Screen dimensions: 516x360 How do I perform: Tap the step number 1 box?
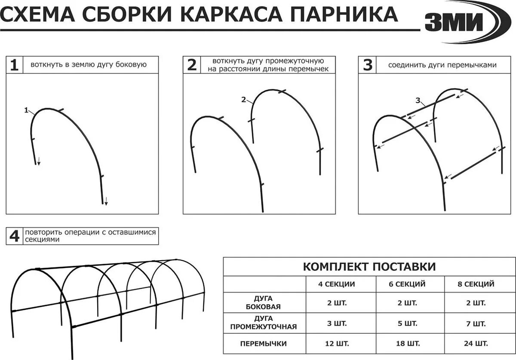[15, 65]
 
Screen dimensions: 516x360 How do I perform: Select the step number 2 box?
[192, 65]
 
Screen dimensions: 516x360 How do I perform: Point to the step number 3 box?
[367, 65]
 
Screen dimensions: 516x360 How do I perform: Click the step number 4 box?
[15, 236]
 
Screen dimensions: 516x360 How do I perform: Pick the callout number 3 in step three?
[418, 101]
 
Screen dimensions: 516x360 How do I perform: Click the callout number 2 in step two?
[243, 100]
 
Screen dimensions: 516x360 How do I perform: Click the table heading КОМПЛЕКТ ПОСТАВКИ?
[369, 267]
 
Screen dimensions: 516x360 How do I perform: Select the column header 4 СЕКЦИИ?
[337, 284]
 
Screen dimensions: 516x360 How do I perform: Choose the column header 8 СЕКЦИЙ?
[476, 284]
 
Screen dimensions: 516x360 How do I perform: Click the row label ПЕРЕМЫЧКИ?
[264, 344]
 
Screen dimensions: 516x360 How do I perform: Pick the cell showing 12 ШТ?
[337, 344]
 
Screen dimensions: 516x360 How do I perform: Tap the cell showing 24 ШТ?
[476, 344]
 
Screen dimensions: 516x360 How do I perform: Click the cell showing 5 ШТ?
[407, 323]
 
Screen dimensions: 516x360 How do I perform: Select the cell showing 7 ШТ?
[476, 323]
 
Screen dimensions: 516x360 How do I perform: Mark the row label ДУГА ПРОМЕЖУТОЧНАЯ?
[264, 323]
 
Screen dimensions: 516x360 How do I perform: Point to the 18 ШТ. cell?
[407, 344]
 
